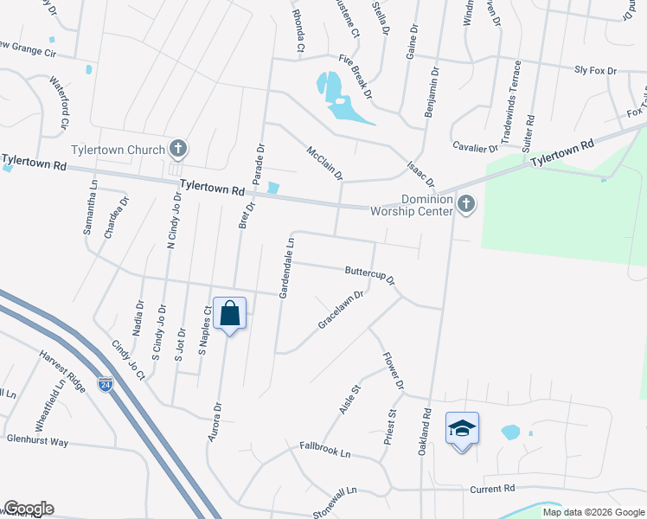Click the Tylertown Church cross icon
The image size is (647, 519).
(x=178, y=150)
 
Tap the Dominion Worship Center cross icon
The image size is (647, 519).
(x=466, y=204)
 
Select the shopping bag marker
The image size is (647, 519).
(x=230, y=314)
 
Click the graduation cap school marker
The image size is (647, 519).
(x=462, y=428)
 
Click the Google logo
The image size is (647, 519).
(x=29, y=509)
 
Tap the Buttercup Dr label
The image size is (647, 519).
(x=369, y=276)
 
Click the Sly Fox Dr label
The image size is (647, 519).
(x=595, y=70)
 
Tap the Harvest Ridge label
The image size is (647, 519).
(x=63, y=369)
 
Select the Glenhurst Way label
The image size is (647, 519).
(x=35, y=441)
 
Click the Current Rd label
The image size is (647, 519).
(x=492, y=489)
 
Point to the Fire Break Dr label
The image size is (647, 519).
(x=356, y=76)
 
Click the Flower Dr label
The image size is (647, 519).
(x=392, y=368)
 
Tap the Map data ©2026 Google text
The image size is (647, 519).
(x=593, y=512)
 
